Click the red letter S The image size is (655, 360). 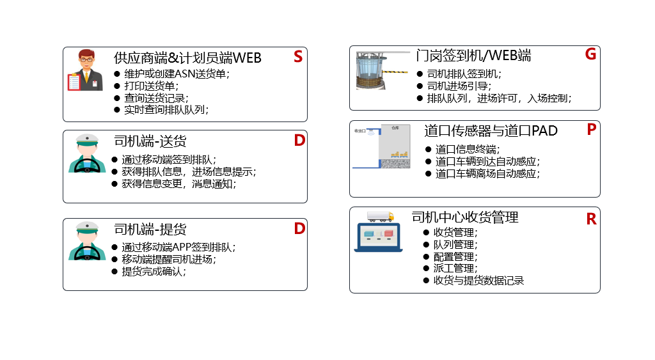[298, 57]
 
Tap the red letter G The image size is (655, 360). [590, 54]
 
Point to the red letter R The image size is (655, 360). [591, 219]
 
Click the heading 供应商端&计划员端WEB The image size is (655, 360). [187, 58]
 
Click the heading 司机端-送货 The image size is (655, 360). [150, 141]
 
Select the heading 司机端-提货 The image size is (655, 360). [150, 229]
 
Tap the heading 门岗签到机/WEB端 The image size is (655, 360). [473, 56]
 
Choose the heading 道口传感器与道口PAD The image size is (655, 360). [491, 131]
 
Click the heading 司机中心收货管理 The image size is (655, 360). [465, 217]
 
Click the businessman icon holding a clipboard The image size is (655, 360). [85, 70]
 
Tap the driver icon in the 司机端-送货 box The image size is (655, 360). [86, 153]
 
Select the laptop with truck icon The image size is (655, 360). [379, 231]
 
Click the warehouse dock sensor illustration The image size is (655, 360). [383, 146]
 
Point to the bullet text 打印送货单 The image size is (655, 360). [152, 86]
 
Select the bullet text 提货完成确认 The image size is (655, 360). [154, 271]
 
